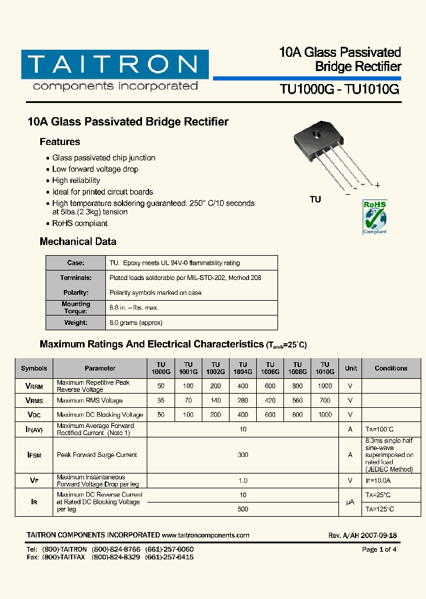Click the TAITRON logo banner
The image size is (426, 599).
coord(115,65)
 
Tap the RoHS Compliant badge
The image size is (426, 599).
coord(375,217)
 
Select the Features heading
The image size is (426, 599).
coord(60,142)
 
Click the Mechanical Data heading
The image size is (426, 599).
coord(78,241)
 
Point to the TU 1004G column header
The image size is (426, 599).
coord(243,368)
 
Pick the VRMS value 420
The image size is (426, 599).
coord(270,401)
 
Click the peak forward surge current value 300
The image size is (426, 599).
coord(243,455)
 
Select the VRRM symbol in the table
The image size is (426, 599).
coord(34,386)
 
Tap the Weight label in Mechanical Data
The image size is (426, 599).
coord(76,323)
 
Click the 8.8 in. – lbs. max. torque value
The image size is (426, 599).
coord(134,308)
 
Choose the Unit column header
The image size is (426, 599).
coord(351,368)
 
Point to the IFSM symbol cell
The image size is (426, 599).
coord(34,455)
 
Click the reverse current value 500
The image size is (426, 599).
coord(243,509)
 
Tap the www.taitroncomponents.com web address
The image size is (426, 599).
coord(205,535)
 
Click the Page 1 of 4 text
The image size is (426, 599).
coord(379,549)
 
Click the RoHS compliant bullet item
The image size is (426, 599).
coord(80,224)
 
